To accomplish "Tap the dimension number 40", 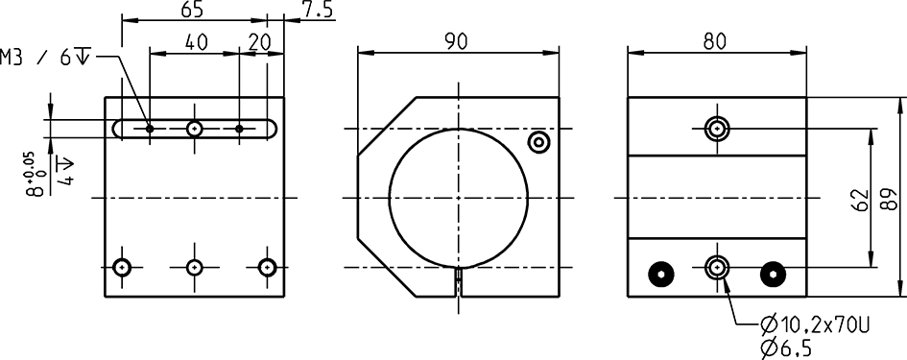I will point(196,43).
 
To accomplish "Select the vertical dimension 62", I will point(858,198).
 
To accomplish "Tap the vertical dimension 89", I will point(890,198).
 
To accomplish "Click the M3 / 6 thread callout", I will point(47,57).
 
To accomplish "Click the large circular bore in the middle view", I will point(458,197).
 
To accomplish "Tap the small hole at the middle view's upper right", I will point(538,142).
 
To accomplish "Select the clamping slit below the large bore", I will point(458,280).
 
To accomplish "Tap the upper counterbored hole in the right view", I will point(716,128).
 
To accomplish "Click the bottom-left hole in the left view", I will point(122,267).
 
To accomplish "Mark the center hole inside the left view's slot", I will point(195,128).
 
